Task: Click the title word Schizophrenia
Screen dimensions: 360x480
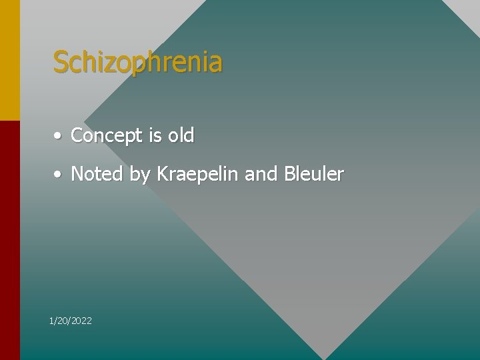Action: click(137, 63)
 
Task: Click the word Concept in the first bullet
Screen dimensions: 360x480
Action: click(107, 136)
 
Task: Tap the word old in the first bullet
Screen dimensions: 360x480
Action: click(181, 135)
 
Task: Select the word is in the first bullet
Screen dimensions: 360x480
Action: click(155, 135)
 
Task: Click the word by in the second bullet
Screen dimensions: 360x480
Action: click(140, 175)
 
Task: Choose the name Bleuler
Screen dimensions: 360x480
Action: click(314, 174)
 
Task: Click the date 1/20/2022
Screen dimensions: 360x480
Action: click(71, 321)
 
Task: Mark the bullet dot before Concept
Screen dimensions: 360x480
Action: click(59, 136)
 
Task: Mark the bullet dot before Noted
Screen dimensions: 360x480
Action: click(59, 175)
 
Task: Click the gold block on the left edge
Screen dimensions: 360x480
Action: click(9, 60)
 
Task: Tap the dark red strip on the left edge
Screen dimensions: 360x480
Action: click(9, 240)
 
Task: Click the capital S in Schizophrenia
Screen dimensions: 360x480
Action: click(61, 63)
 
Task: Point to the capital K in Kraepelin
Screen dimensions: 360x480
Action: click(162, 174)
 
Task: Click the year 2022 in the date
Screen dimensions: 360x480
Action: click(81, 321)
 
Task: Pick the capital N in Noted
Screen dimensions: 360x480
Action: click(77, 174)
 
